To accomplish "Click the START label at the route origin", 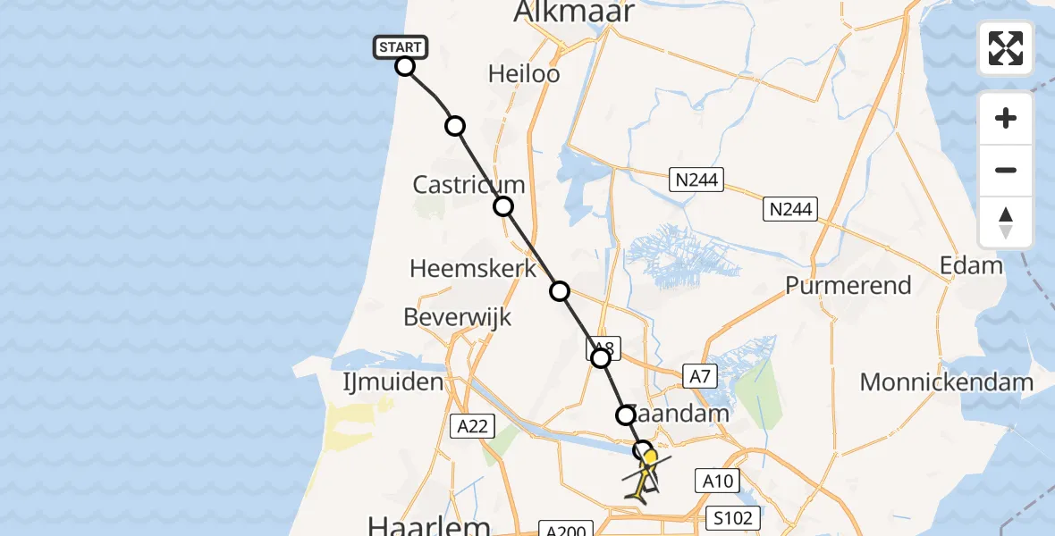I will pos(400,46).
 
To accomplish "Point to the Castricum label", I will pos(468,185).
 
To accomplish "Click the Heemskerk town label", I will pos(473,268).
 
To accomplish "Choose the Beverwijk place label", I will pos(457,317).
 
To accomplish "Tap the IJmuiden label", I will pos(393,382).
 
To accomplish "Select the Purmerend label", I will pos(848,286).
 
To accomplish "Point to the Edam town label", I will pos(971,265).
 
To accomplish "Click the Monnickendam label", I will pos(947,383).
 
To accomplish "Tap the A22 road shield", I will pos(472,426).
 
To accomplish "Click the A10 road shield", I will pos(717,482).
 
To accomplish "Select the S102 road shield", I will pos(732,516).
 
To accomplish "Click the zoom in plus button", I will pos(1006,118).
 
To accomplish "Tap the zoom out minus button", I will pos(1006,171).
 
